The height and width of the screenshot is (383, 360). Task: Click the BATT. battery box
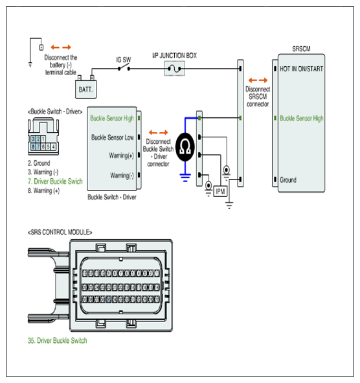(85, 89)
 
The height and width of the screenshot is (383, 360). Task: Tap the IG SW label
(123, 60)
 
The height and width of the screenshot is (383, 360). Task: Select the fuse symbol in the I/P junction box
(174, 69)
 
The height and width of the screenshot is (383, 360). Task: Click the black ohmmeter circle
(185, 147)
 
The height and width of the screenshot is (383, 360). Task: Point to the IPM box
(220, 191)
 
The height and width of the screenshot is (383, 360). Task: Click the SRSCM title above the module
(301, 49)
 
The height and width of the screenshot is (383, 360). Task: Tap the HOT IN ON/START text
(301, 69)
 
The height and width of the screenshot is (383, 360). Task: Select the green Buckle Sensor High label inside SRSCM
(302, 118)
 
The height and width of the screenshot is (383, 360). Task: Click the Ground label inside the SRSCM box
(288, 180)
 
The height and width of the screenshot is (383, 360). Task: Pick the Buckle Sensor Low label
(113, 137)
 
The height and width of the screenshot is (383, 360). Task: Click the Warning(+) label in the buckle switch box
(121, 156)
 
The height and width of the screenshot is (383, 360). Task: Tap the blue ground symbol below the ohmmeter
(185, 178)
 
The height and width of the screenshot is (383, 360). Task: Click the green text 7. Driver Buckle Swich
(55, 181)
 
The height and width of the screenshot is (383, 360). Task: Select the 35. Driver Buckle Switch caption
(57, 340)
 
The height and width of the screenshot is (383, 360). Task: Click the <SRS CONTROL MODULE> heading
(60, 232)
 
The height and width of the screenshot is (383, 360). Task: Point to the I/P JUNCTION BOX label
(174, 56)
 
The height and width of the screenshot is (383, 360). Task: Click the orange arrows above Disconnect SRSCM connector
(258, 80)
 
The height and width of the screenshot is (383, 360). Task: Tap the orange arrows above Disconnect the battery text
(61, 47)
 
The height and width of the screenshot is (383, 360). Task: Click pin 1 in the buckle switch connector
(43, 139)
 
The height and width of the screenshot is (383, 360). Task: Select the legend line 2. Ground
(39, 163)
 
